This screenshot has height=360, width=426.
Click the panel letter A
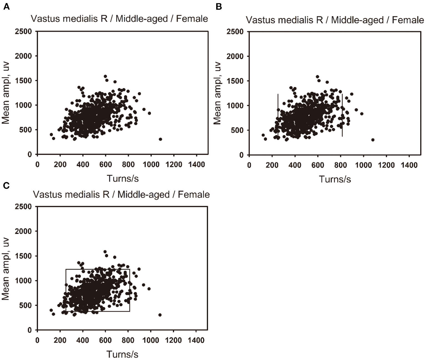(6, 7)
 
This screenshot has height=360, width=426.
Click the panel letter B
(219, 7)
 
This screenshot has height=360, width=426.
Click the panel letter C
(6, 185)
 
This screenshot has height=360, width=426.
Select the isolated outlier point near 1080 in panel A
(160, 139)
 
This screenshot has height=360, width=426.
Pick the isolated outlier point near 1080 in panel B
(373, 140)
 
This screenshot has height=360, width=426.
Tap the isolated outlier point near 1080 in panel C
(160, 315)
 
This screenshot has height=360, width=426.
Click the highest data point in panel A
(105, 76)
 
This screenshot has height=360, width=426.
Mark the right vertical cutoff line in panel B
(342, 115)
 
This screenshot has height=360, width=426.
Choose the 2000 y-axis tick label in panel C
(24, 231)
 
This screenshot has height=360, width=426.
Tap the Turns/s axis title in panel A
(123, 178)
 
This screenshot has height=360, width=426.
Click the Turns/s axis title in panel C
(122, 354)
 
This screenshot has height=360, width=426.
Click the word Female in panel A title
(192, 19)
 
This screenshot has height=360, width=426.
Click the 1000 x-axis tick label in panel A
(151, 164)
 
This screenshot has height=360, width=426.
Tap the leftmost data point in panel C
(51, 310)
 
